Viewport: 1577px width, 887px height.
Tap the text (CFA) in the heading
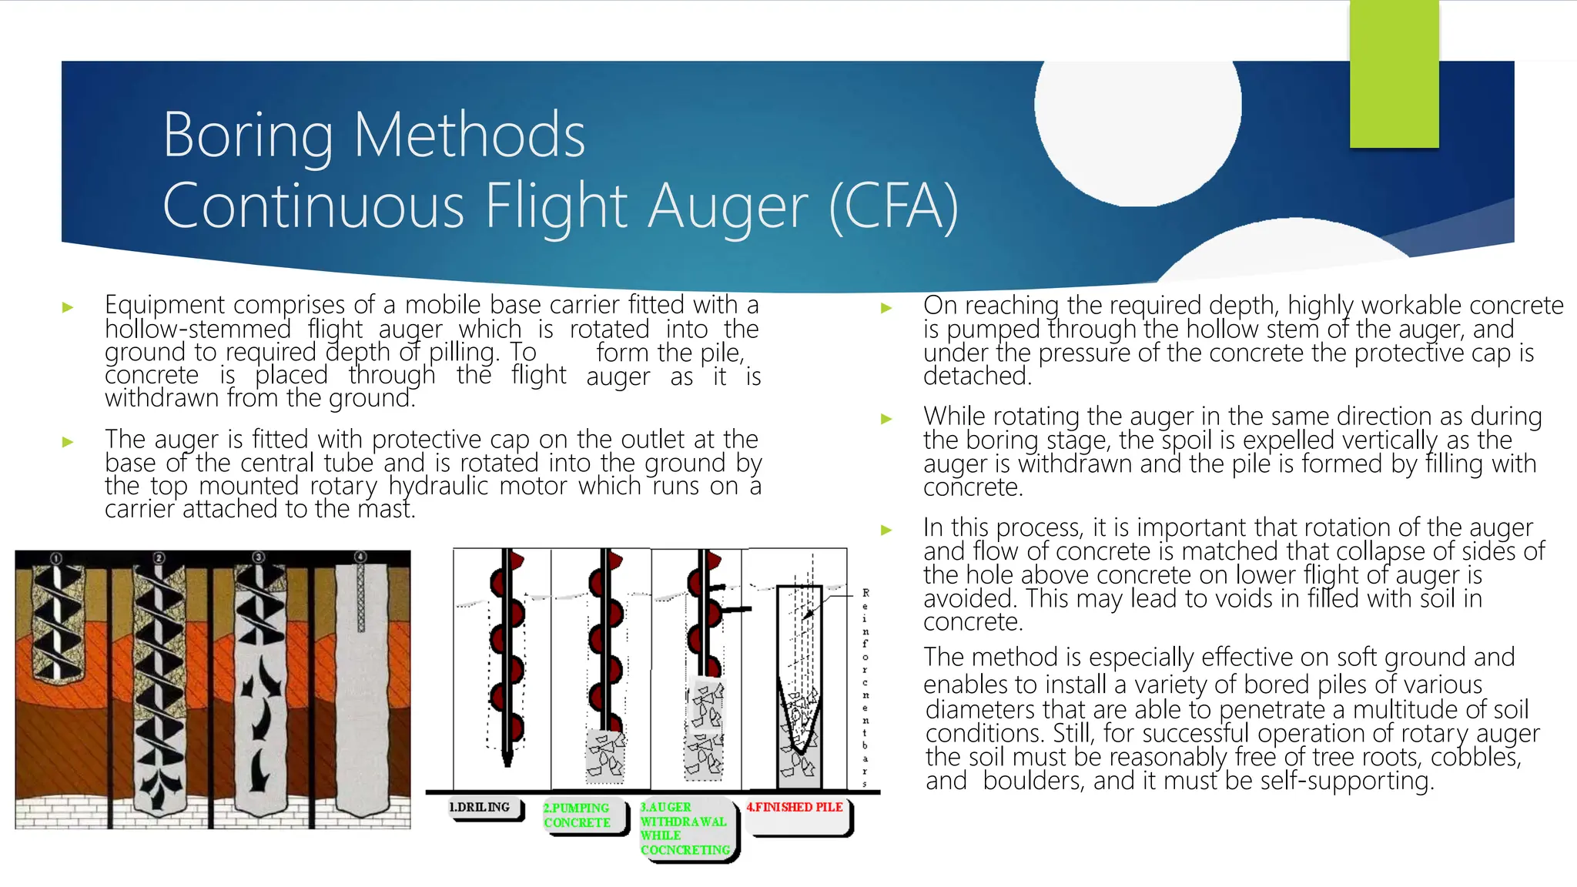tap(893, 206)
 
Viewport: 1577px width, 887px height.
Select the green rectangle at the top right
tap(1394, 74)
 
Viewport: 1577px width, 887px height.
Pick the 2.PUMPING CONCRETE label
tap(577, 815)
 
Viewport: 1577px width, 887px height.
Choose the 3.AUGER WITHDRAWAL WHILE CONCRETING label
tap(685, 828)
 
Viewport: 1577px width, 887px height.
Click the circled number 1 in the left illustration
tap(56, 557)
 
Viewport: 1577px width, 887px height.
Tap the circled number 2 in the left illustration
tap(159, 557)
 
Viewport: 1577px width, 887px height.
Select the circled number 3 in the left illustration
tap(258, 557)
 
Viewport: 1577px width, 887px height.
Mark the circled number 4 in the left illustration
tap(360, 557)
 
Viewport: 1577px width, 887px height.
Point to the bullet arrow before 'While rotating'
tap(886, 419)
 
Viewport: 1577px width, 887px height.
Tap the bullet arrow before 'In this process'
tap(886, 530)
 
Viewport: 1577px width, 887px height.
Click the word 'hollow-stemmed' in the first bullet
tap(198, 330)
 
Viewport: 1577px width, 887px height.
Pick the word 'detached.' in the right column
tap(977, 376)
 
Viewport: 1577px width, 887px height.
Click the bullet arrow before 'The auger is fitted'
tap(68, 442)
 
